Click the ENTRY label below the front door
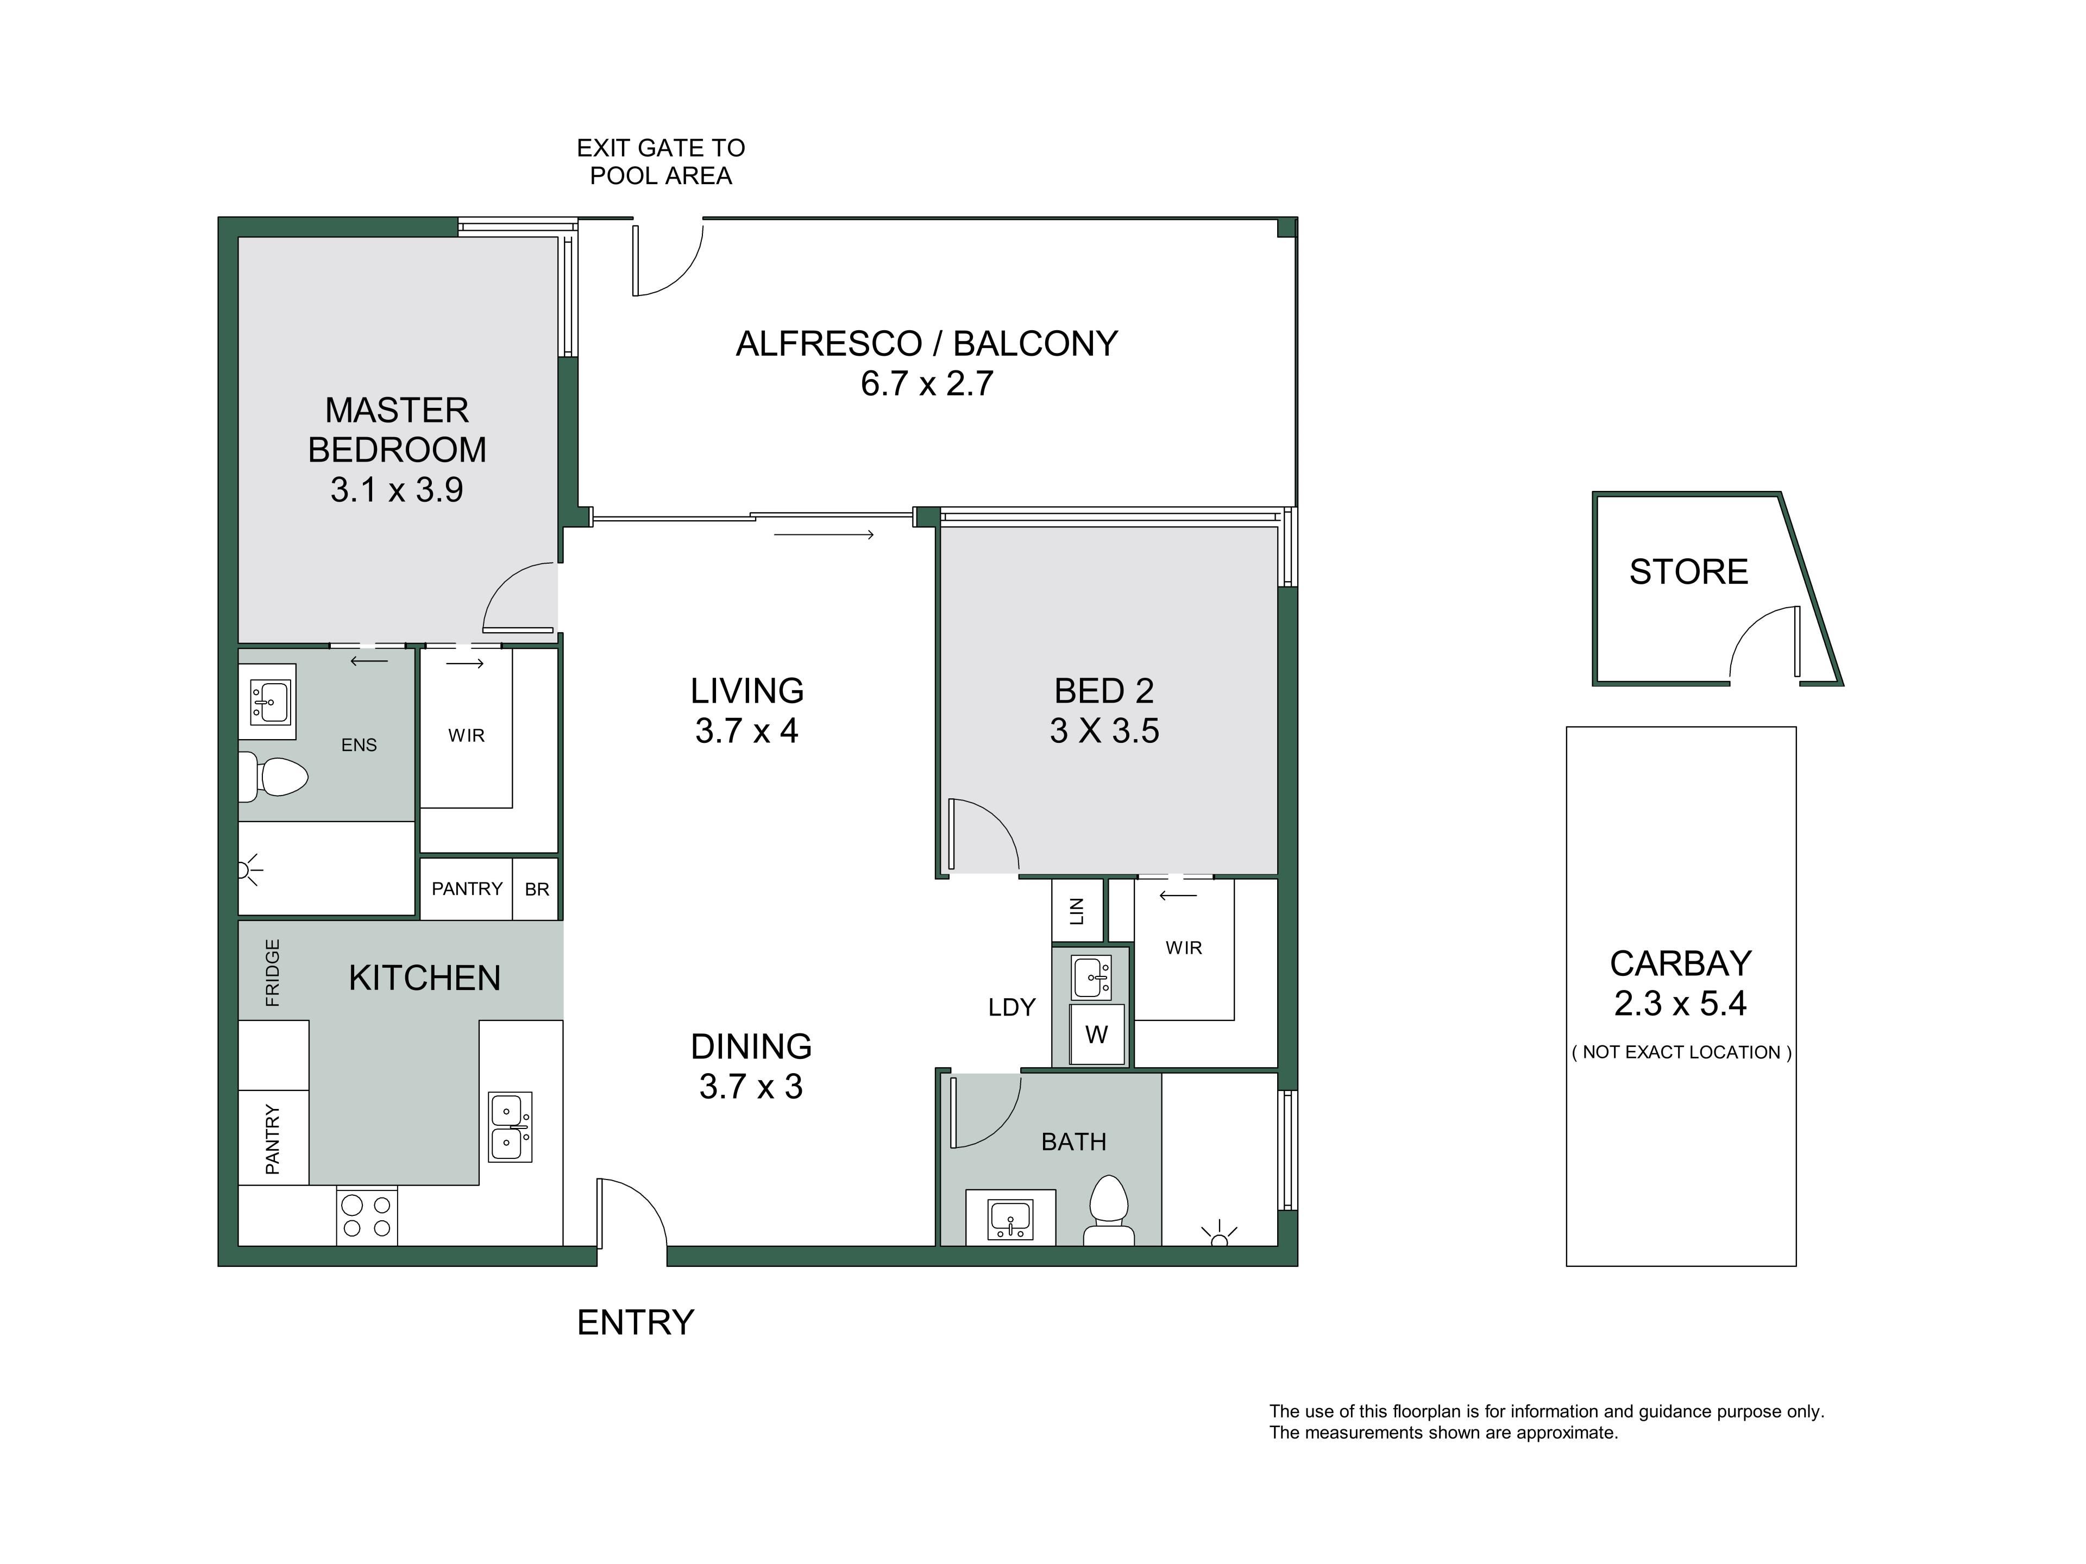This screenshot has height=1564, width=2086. pyautogui.click(x=636, y=1323)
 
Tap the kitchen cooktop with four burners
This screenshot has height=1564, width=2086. pyautogui.click(x=367, y=1216)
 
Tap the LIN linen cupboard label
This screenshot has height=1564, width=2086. pyautogui.click(x=1077, y=911)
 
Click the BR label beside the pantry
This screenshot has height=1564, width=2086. pyautogui.click(x=537, y=889)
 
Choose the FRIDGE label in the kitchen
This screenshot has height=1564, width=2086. pyautogui.click(x=273, y=972)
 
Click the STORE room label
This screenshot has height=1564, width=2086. pyautogui.click(x=1688, y=571)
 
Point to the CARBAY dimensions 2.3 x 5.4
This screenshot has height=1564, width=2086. pyautogui.click(x=1681, y=1003)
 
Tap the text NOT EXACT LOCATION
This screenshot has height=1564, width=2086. pyautogui.click(x=1681, y=1052)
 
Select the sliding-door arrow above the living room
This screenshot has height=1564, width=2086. pyautogui.click(x=824, y=534)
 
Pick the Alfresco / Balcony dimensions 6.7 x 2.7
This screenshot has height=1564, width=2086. pyautogui.click(x=926, y=384)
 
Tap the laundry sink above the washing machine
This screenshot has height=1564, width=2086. pyautogui.click(x=1091, y=976)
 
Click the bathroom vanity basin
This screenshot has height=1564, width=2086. pyautogui.click(x=1010, y=1218)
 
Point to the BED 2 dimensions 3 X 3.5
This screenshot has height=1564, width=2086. pyautogui.click(x=1104, y=730)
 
